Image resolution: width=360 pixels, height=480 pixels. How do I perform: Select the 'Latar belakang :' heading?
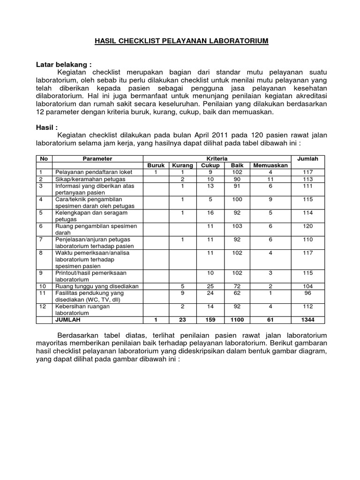coord(64,64)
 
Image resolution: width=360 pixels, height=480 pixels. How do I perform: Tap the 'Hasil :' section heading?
coord(47,127)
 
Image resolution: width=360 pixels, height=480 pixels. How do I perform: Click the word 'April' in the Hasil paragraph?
coord(199,135)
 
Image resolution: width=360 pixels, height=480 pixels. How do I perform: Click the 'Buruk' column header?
coord(156,165)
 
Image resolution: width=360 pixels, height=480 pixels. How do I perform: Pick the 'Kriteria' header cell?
coord(217,159)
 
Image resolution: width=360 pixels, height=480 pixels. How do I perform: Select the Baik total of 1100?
coord(237,320)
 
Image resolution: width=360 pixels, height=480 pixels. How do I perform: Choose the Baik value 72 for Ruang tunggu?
coord(237,286)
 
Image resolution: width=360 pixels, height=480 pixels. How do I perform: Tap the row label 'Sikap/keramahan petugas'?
coord(87,179)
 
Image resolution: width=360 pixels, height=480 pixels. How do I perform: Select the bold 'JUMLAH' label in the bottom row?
coord(68,320)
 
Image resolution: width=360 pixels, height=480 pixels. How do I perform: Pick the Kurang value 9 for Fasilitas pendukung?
coord(182,293)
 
